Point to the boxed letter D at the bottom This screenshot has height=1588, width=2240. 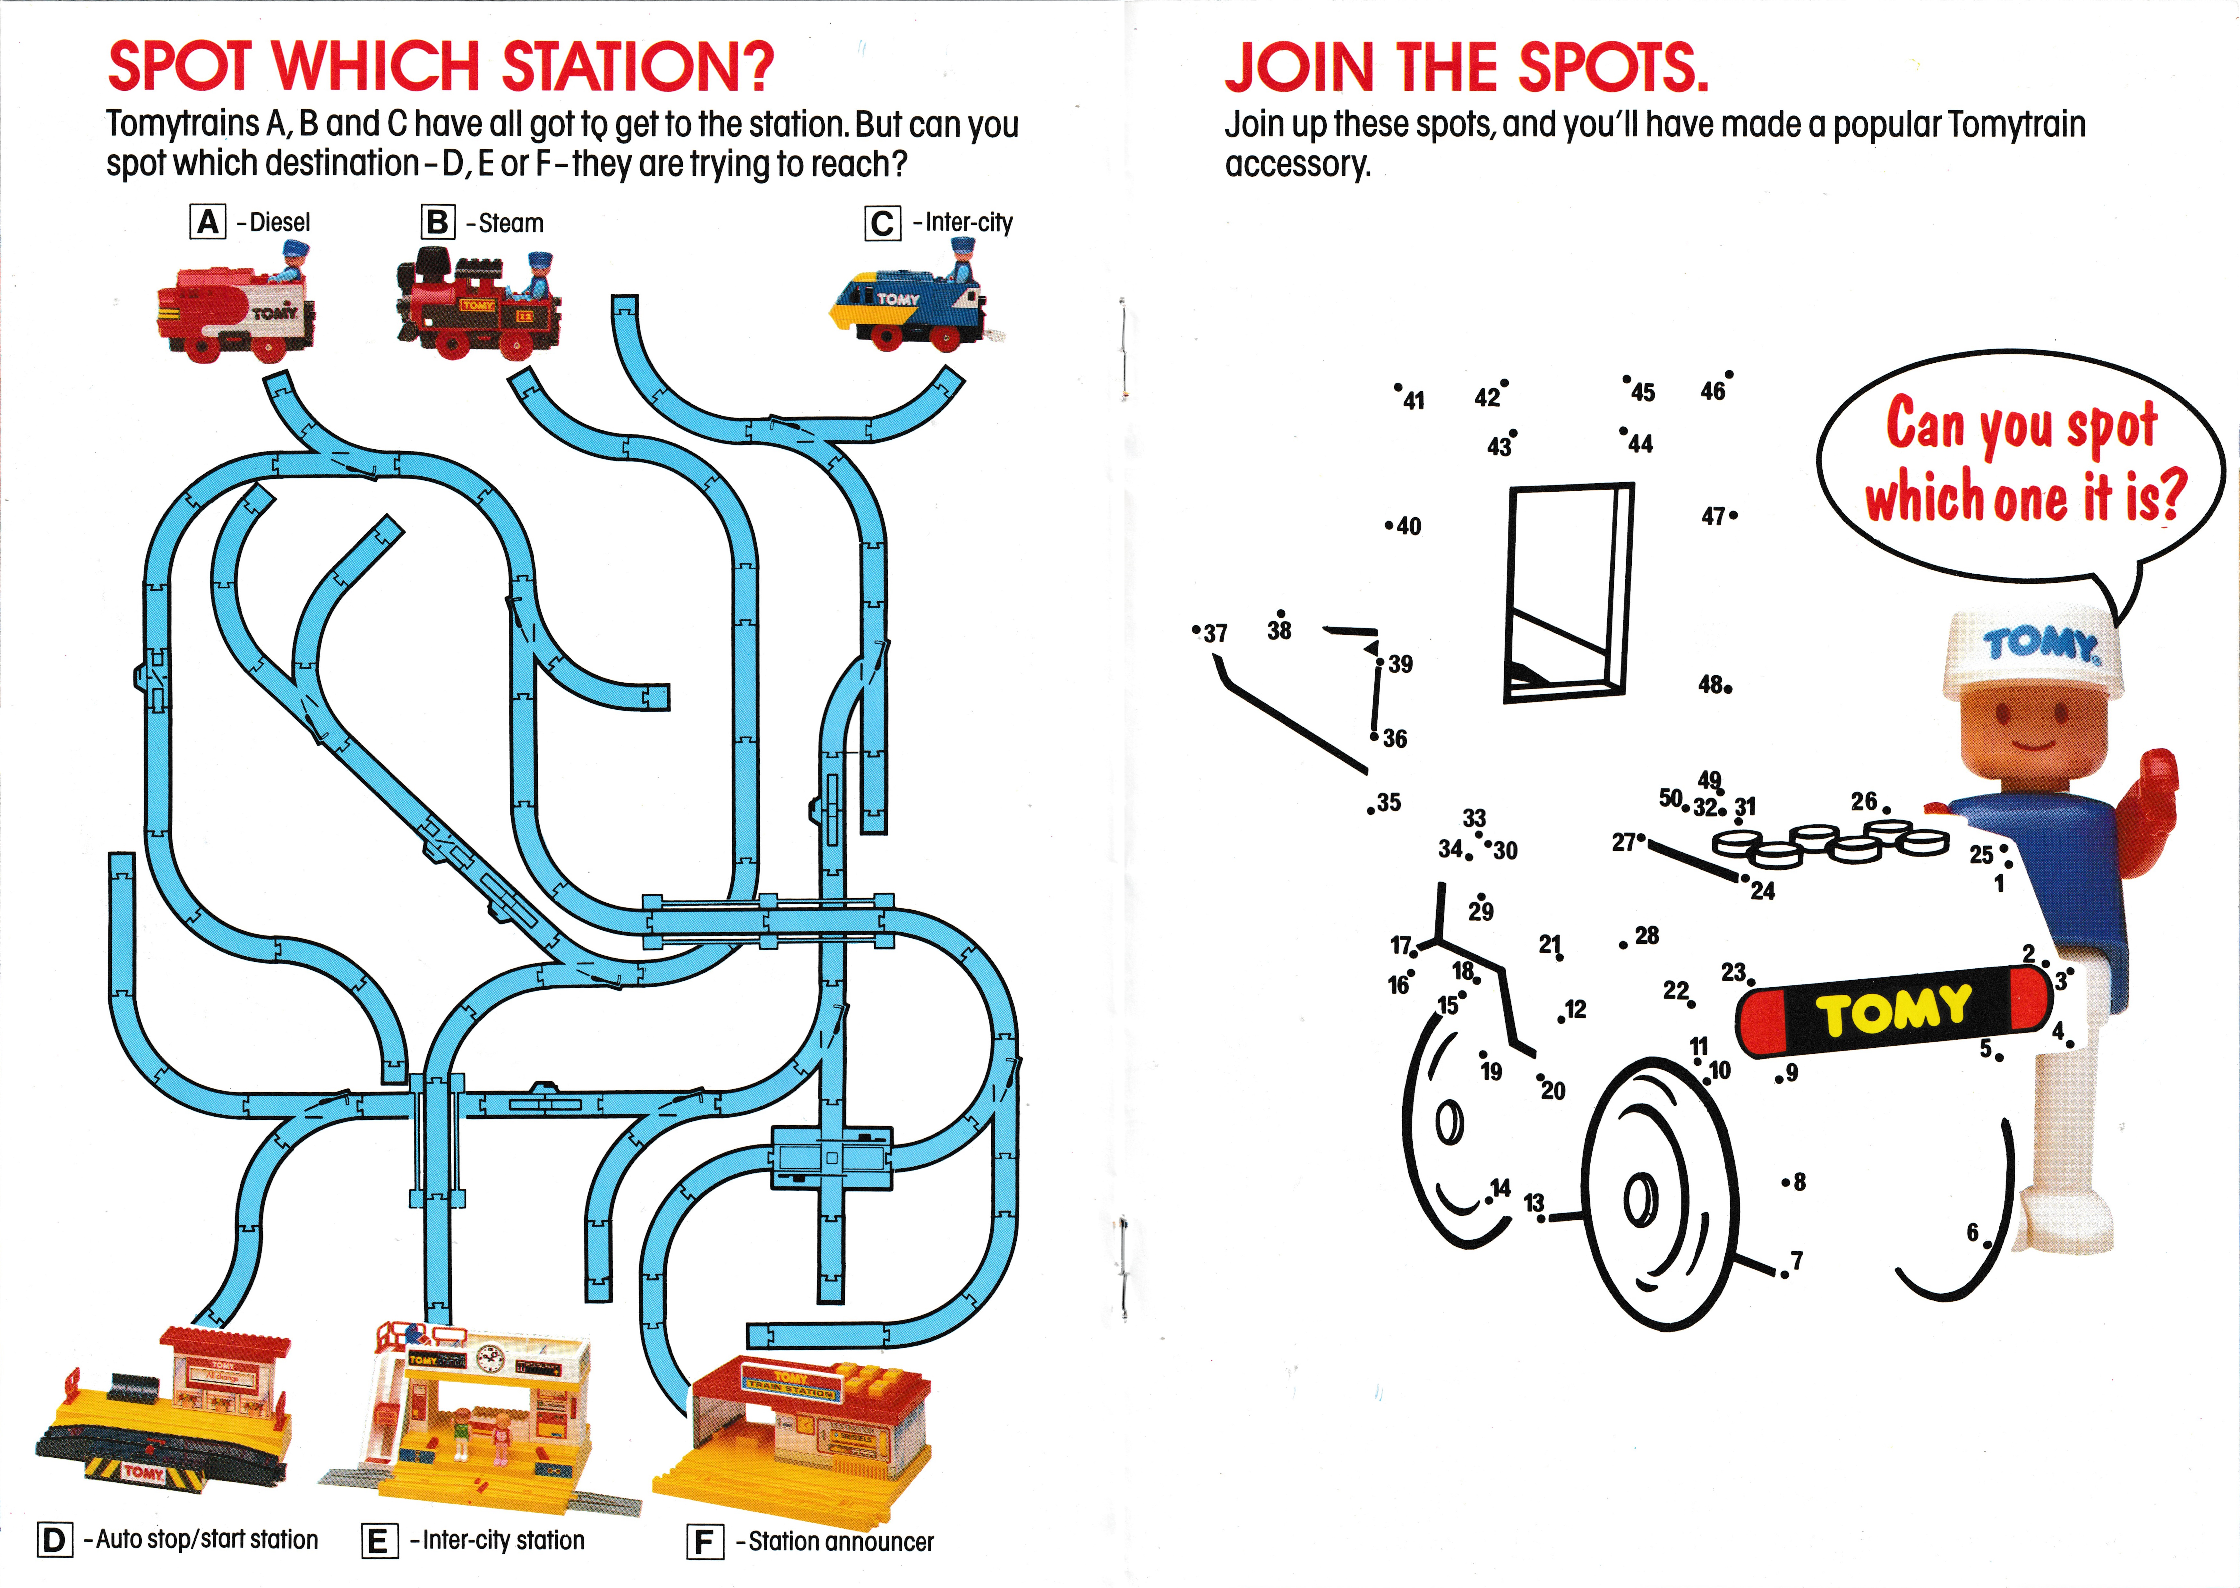point(55,1540)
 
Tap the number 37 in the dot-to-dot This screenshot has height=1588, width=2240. point(1215,634)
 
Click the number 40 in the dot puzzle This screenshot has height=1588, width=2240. point(1408,526)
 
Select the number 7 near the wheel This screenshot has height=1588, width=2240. point(1797,1260)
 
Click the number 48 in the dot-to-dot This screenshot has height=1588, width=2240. point(1711,684)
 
